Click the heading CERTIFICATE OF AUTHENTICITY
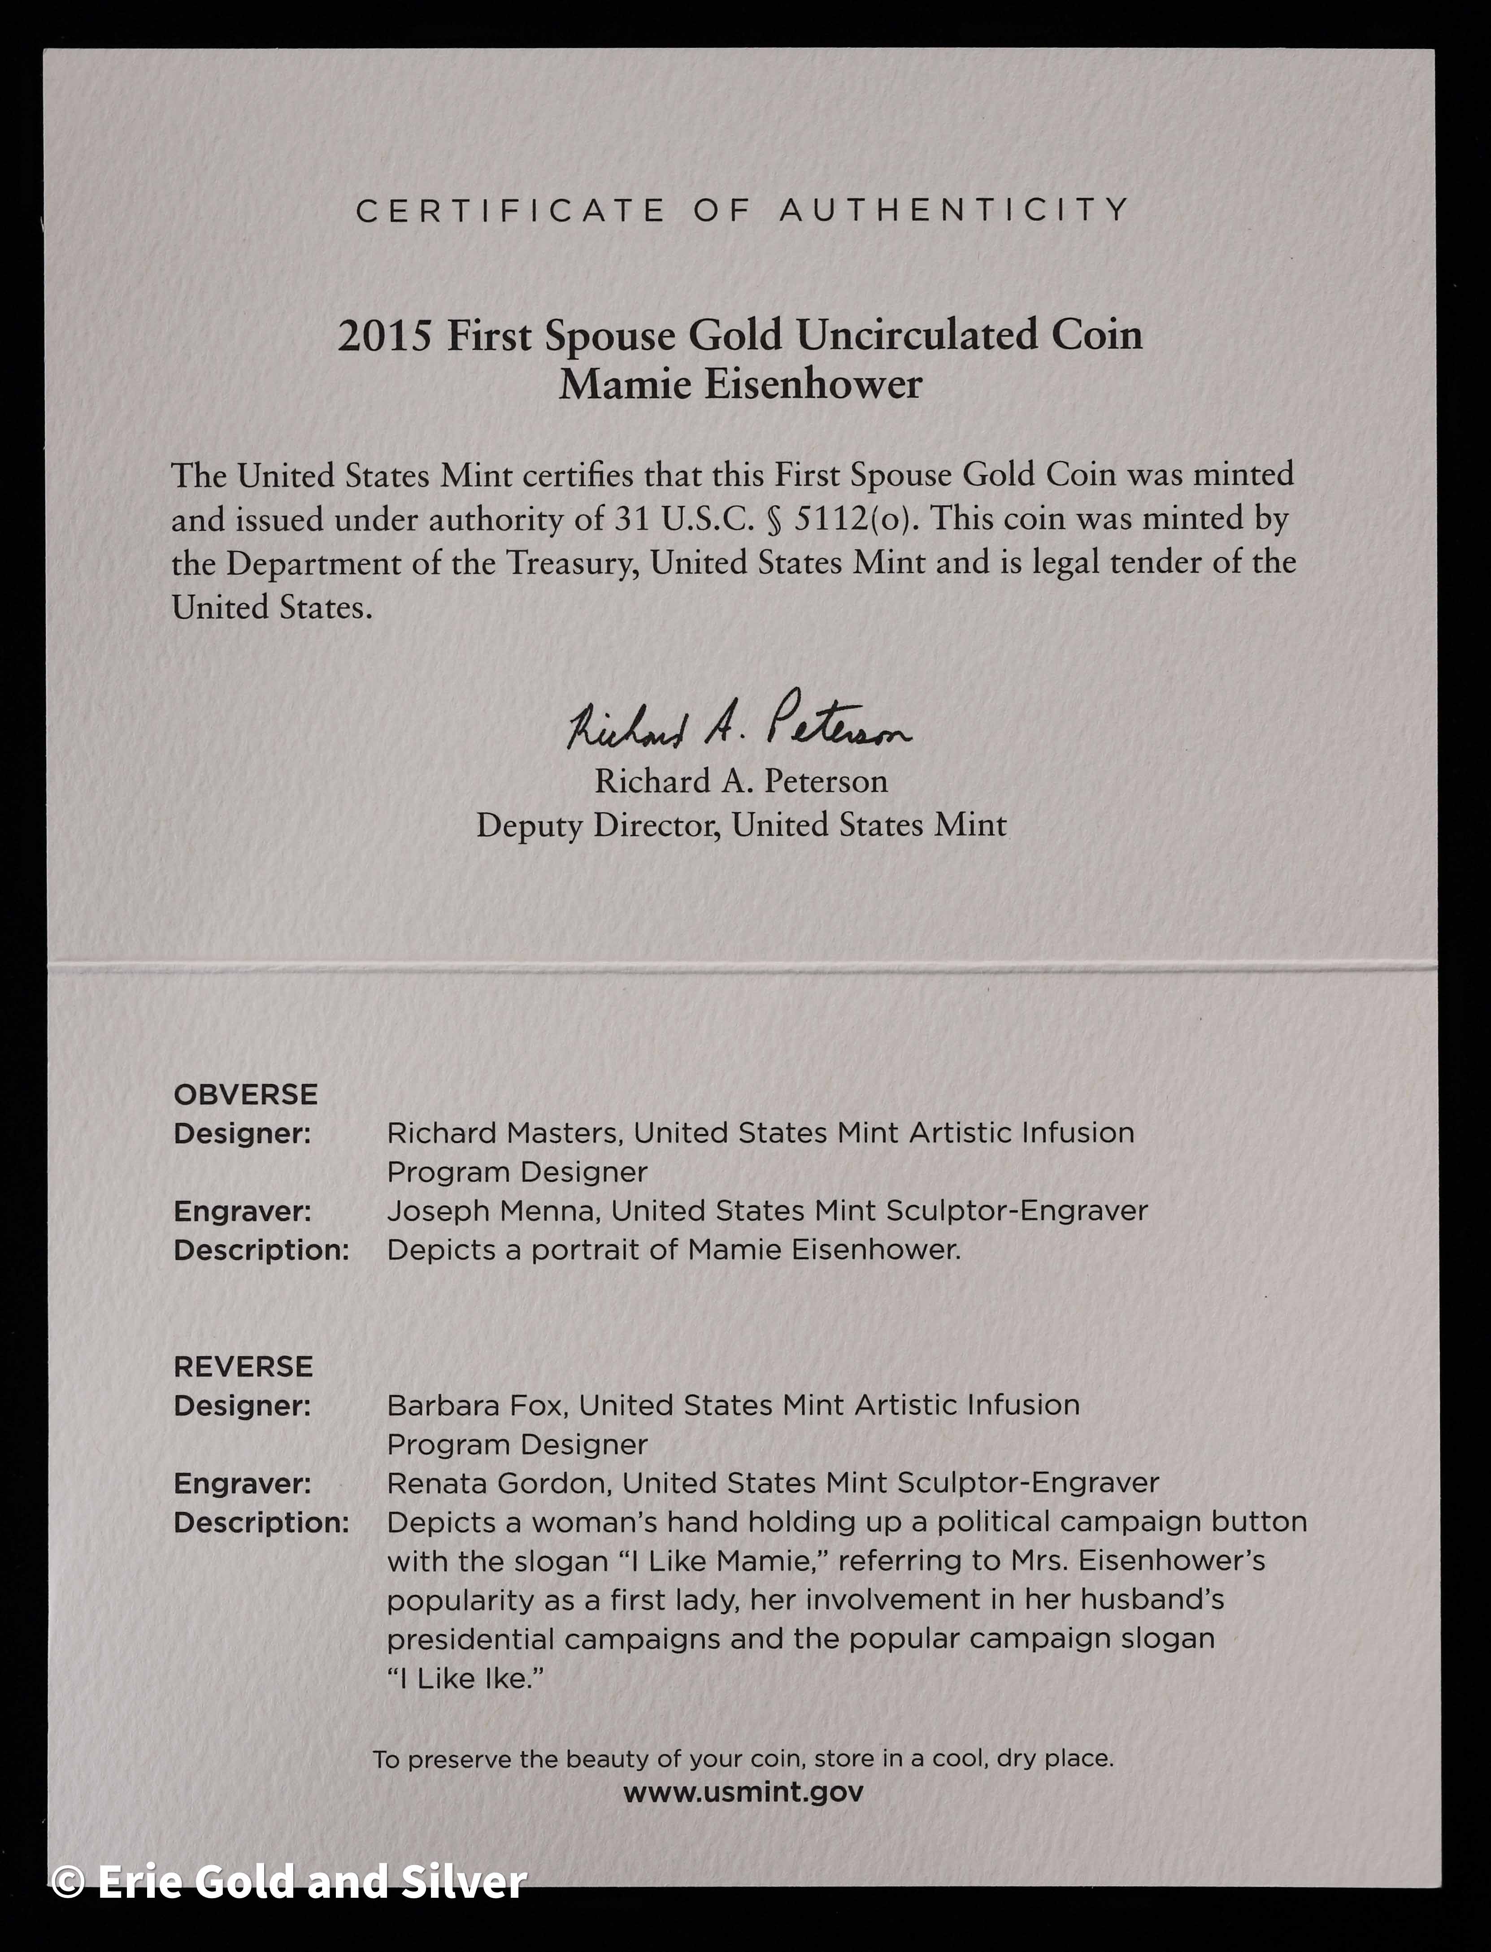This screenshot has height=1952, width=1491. click(743, 210)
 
